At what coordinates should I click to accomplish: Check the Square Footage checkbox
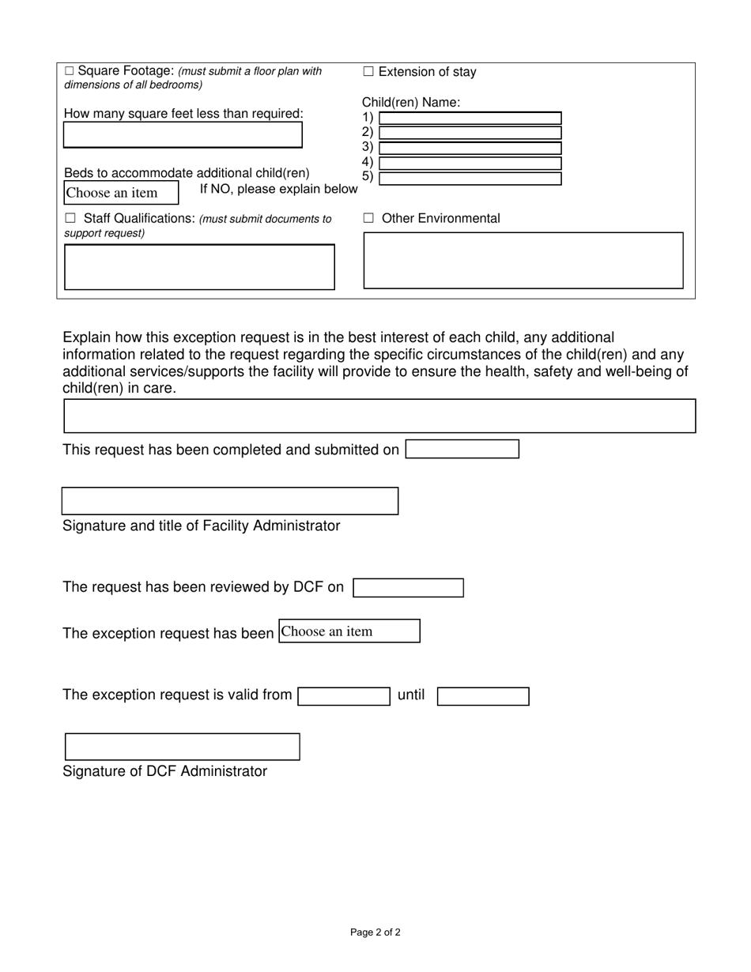pyautogui.click(x=70, y=71)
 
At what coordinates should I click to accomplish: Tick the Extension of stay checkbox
pyautogui.click(x=368, y=72)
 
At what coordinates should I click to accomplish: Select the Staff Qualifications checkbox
pyautogui.click(x=70, y=218)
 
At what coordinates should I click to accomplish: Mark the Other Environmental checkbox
pyautogui.click(x=368, y=219)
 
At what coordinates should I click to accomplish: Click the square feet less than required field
pyautogui.click(x=183, y=135)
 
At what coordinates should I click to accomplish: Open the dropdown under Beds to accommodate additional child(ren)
pyautogui.click(x=121, y=193)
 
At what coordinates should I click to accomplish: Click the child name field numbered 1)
pyautogui.click(x=470, y=119)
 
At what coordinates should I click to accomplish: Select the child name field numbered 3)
pyautogui.click(x=470, y=148)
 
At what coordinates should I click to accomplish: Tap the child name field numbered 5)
pyautogui.click(x=470, y=178)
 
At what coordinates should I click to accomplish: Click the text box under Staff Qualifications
pyautogui.click(x=199, y=267)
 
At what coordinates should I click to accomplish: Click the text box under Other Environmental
pyautogui.click(x=523, y=260)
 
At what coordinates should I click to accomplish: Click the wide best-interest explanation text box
pyautogui.click(x=379, y=416)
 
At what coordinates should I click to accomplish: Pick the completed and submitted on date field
pyautogui.click(x=462, y=449)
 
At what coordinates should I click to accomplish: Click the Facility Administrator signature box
pyautogui.click(x=230, y=501)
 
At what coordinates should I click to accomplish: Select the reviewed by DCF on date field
pyautogui.click(x=408, y=588)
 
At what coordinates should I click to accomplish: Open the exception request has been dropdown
pyautogui.click(x=349, y=631)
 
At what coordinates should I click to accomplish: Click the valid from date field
pyautogui.click(x=344, y=696)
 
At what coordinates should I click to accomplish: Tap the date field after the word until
pyautogui.click(x=483, y=696)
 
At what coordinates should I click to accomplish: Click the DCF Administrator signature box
pyautogui.click(x=182, y=747)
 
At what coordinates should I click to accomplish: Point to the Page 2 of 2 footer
pyautogui.click(x=375, y=932)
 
